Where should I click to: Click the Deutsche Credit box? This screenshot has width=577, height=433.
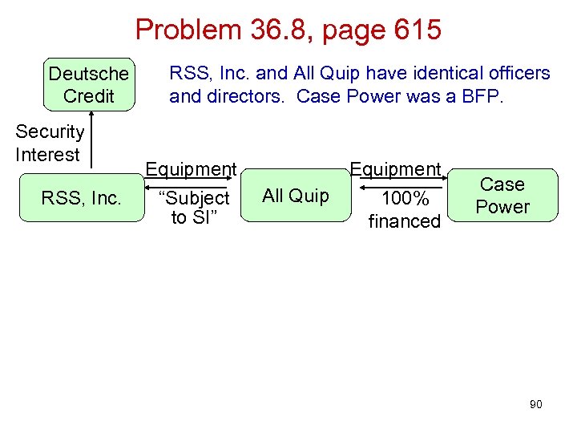pos(88,85)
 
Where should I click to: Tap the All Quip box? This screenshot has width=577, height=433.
pos(296,196)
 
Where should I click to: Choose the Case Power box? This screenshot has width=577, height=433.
pos(502,196)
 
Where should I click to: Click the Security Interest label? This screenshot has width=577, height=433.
pos(49,143)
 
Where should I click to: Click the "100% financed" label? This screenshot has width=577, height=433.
pos(404,209)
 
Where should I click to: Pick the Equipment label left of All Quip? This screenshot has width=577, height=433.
pos(190,169)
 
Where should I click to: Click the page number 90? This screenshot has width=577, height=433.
pos(535,404)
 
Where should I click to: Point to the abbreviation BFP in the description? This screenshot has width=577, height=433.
pos(483,97)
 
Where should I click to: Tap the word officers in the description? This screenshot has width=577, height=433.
pos(513,74)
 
